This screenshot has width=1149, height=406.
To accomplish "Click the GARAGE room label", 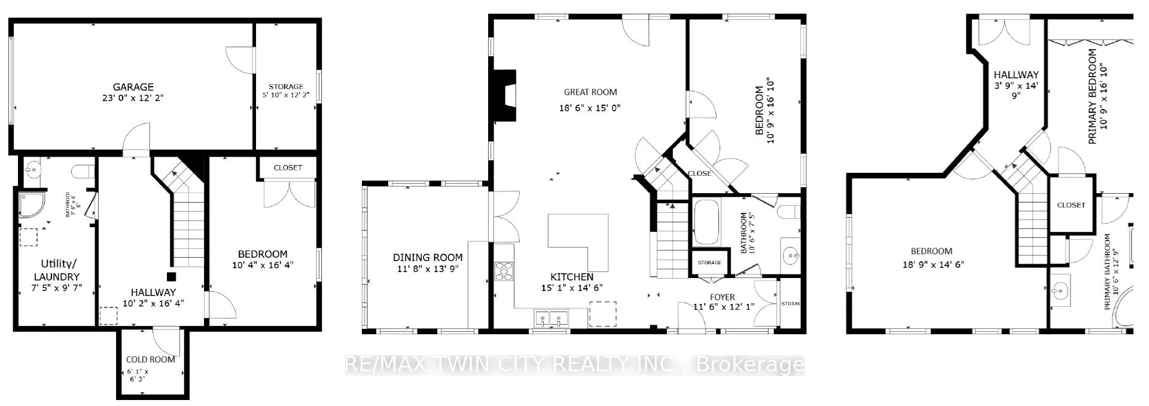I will (x=133, y=87).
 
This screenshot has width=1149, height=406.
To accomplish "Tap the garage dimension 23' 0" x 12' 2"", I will (x=132, y=97).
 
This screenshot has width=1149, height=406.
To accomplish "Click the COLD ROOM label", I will (x=151, y=359).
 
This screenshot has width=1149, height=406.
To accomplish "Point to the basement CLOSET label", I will (x=288, y=168).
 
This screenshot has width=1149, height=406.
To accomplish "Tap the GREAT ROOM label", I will (x=590, y=92).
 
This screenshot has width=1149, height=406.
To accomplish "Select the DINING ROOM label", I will (x=428, y=258).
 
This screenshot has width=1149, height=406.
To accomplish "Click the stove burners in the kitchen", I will (x=504, y=271).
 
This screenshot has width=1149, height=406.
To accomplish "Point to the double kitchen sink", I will (x=551, y=318).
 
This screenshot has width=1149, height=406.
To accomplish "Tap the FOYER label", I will (x=723, y=297).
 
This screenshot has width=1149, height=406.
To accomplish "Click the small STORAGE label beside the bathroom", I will (x=709, y=263).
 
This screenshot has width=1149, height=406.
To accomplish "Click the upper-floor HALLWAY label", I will (x=1016, y=75).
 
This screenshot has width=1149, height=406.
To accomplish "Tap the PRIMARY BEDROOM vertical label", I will (x=1092, y=96).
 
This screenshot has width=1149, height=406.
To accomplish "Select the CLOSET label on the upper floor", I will (x=1071, y=205).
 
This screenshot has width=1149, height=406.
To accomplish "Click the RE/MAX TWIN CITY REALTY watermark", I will (x=574, y=364).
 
